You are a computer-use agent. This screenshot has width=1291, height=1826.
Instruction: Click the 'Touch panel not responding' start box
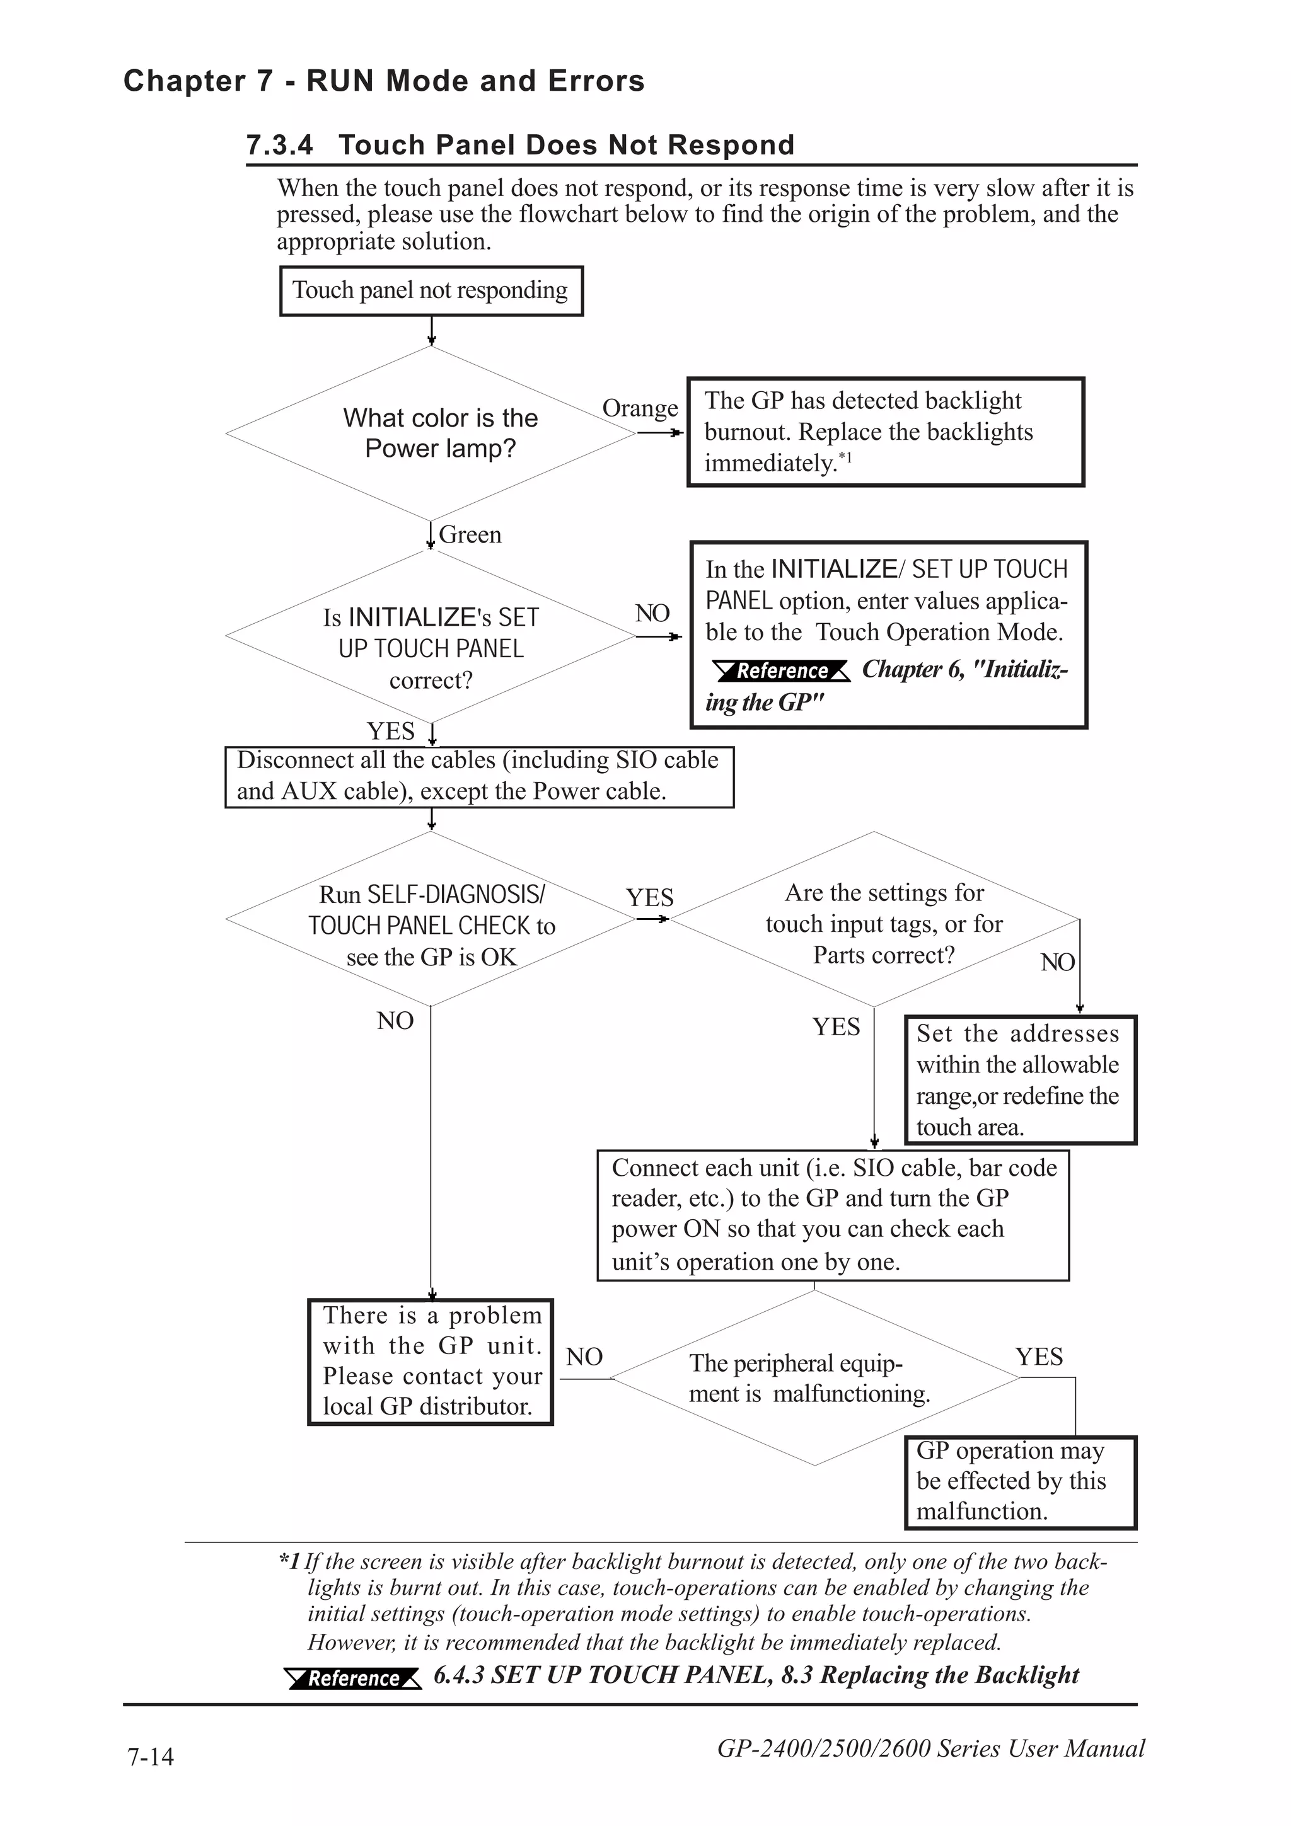coord(431,291)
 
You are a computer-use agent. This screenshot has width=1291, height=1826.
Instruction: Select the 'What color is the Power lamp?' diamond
coord(431,434)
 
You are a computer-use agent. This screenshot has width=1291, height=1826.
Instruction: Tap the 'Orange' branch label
coord(640,408)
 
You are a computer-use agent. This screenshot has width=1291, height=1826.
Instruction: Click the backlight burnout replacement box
coord(885,432)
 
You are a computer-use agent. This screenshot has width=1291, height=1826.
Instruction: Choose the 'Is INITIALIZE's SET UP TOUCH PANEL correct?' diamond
coord(431,636)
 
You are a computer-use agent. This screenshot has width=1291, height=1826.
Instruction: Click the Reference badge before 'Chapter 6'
coord(782,670)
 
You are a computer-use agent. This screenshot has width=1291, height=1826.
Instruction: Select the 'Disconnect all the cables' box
coord(479,776)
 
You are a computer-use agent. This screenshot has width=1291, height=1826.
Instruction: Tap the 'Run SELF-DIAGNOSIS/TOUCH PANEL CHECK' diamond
coord(431,919)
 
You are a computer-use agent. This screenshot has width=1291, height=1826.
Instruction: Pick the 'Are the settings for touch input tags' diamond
coord(874,920)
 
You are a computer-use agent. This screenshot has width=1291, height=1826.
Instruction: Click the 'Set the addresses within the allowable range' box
coord(1020,1080)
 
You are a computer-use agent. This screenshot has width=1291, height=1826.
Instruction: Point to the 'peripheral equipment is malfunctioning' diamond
coord(814,1378)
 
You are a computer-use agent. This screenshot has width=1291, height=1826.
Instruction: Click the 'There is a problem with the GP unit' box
coord(431,1362)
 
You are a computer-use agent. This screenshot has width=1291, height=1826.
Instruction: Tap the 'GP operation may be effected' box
coord(1020,1481)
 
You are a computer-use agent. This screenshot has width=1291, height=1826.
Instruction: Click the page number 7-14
coord(150,1756)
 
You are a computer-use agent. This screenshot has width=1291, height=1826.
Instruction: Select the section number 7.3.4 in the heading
coord(280,146)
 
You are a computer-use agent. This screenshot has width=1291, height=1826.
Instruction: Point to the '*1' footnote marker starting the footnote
coord(289,1562)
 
